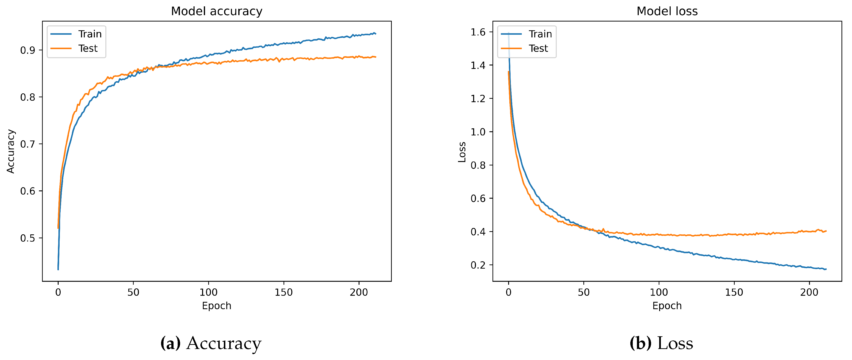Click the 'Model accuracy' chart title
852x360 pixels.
click(217, 11)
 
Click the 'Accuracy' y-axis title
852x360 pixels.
click(11, 151)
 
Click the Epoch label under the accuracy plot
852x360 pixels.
click(217, 306)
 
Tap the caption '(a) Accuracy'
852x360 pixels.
click(211, 343)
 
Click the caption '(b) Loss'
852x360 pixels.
click(661, 343)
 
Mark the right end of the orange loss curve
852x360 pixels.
click(826, 231)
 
